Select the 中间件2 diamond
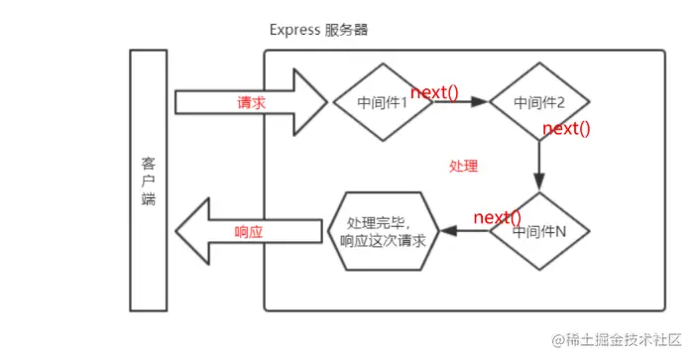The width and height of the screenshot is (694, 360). pos(539,102)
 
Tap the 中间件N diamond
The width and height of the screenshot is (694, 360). pos(539,231)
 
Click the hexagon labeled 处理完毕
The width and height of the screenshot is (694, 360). pos(383,231)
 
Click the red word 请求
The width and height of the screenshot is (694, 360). pos(250,102)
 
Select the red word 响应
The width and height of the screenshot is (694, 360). pos(248,231)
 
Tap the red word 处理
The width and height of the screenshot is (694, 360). pos(463,166)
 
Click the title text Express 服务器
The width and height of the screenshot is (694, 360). pos(318,29)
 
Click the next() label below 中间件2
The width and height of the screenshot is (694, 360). pos(567,129)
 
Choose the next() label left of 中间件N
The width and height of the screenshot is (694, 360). pos(497,217)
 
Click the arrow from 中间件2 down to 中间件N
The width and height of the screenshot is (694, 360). pos(539,164)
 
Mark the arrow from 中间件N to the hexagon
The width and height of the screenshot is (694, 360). pos(466,231)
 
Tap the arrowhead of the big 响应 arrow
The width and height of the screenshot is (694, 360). pos(190,231)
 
